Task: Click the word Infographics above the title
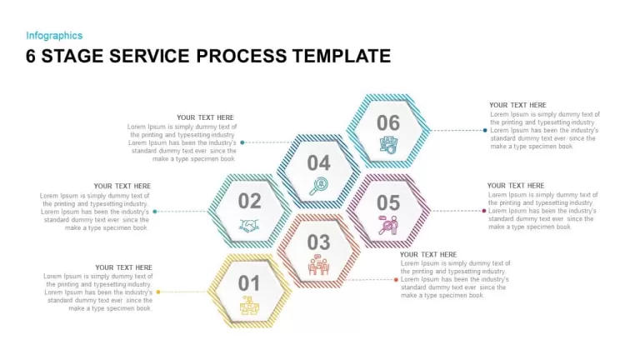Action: (54, 36)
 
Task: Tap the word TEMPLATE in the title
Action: (342, 56)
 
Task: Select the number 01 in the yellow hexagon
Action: (248, 283)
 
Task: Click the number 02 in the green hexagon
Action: (249, 201)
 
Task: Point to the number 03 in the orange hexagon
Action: (318, 242)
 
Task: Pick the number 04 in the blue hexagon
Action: (318, 163)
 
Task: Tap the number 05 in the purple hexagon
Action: (388, 202)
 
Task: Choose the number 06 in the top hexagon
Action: (388, 122)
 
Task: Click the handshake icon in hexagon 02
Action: (249, 226)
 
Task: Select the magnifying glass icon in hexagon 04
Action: (319, 186)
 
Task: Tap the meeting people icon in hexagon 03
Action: (318, 265)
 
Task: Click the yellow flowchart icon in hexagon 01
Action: (249, 305)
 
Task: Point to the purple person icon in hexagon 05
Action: (388, 225)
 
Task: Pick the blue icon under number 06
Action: (388, 145)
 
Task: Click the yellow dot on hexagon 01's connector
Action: (158, 292)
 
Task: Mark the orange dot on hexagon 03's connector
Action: (396, 280)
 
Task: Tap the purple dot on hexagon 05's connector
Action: (484, 211)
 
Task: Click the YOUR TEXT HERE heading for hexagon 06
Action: (517, 105)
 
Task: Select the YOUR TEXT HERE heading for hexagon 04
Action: (205, 117)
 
